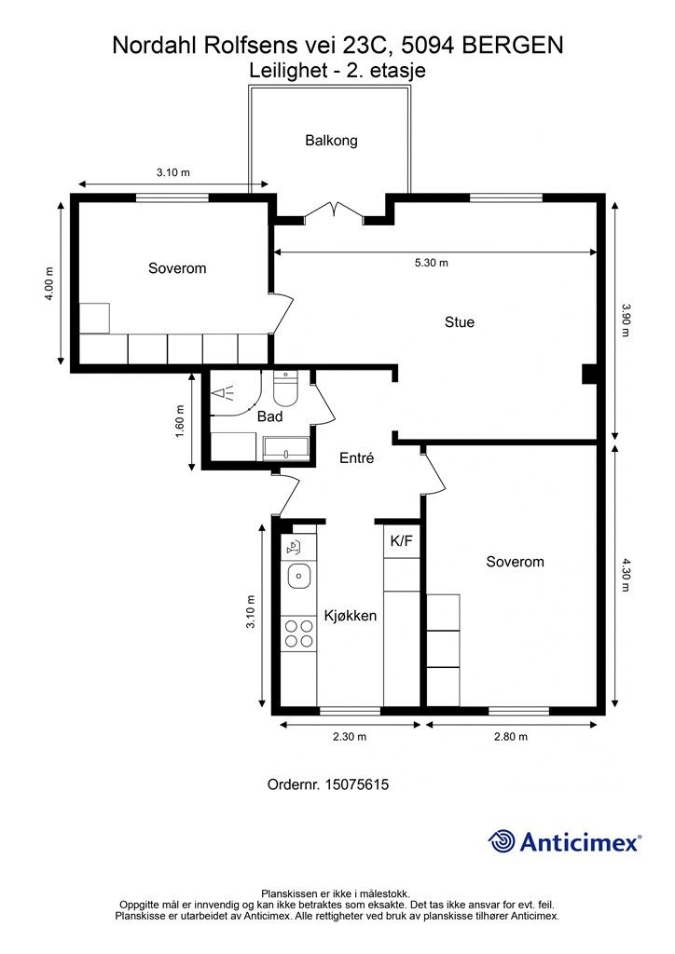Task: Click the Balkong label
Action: pos(331,141)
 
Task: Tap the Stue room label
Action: pos(460,321)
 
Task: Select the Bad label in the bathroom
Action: pos(269,416)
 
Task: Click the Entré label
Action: pos(357,457)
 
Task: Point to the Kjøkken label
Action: pos(350,615)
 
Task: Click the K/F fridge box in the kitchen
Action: pos(402,540)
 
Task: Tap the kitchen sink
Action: pos(299,575)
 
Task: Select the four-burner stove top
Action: pos(299,634)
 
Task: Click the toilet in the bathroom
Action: pos(285,388)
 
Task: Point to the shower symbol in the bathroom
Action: pos(224,392)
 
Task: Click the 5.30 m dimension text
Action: pos(431,263)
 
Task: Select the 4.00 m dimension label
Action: pos(48,283)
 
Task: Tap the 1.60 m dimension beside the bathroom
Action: pos(179,421)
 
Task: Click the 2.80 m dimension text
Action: pos(511,737)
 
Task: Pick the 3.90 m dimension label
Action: pos(625,320)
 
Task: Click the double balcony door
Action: pos(334,210)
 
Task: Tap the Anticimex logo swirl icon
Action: pos(502,841)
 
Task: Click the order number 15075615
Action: pos(357,784)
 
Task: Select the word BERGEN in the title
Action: pos(513,46)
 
